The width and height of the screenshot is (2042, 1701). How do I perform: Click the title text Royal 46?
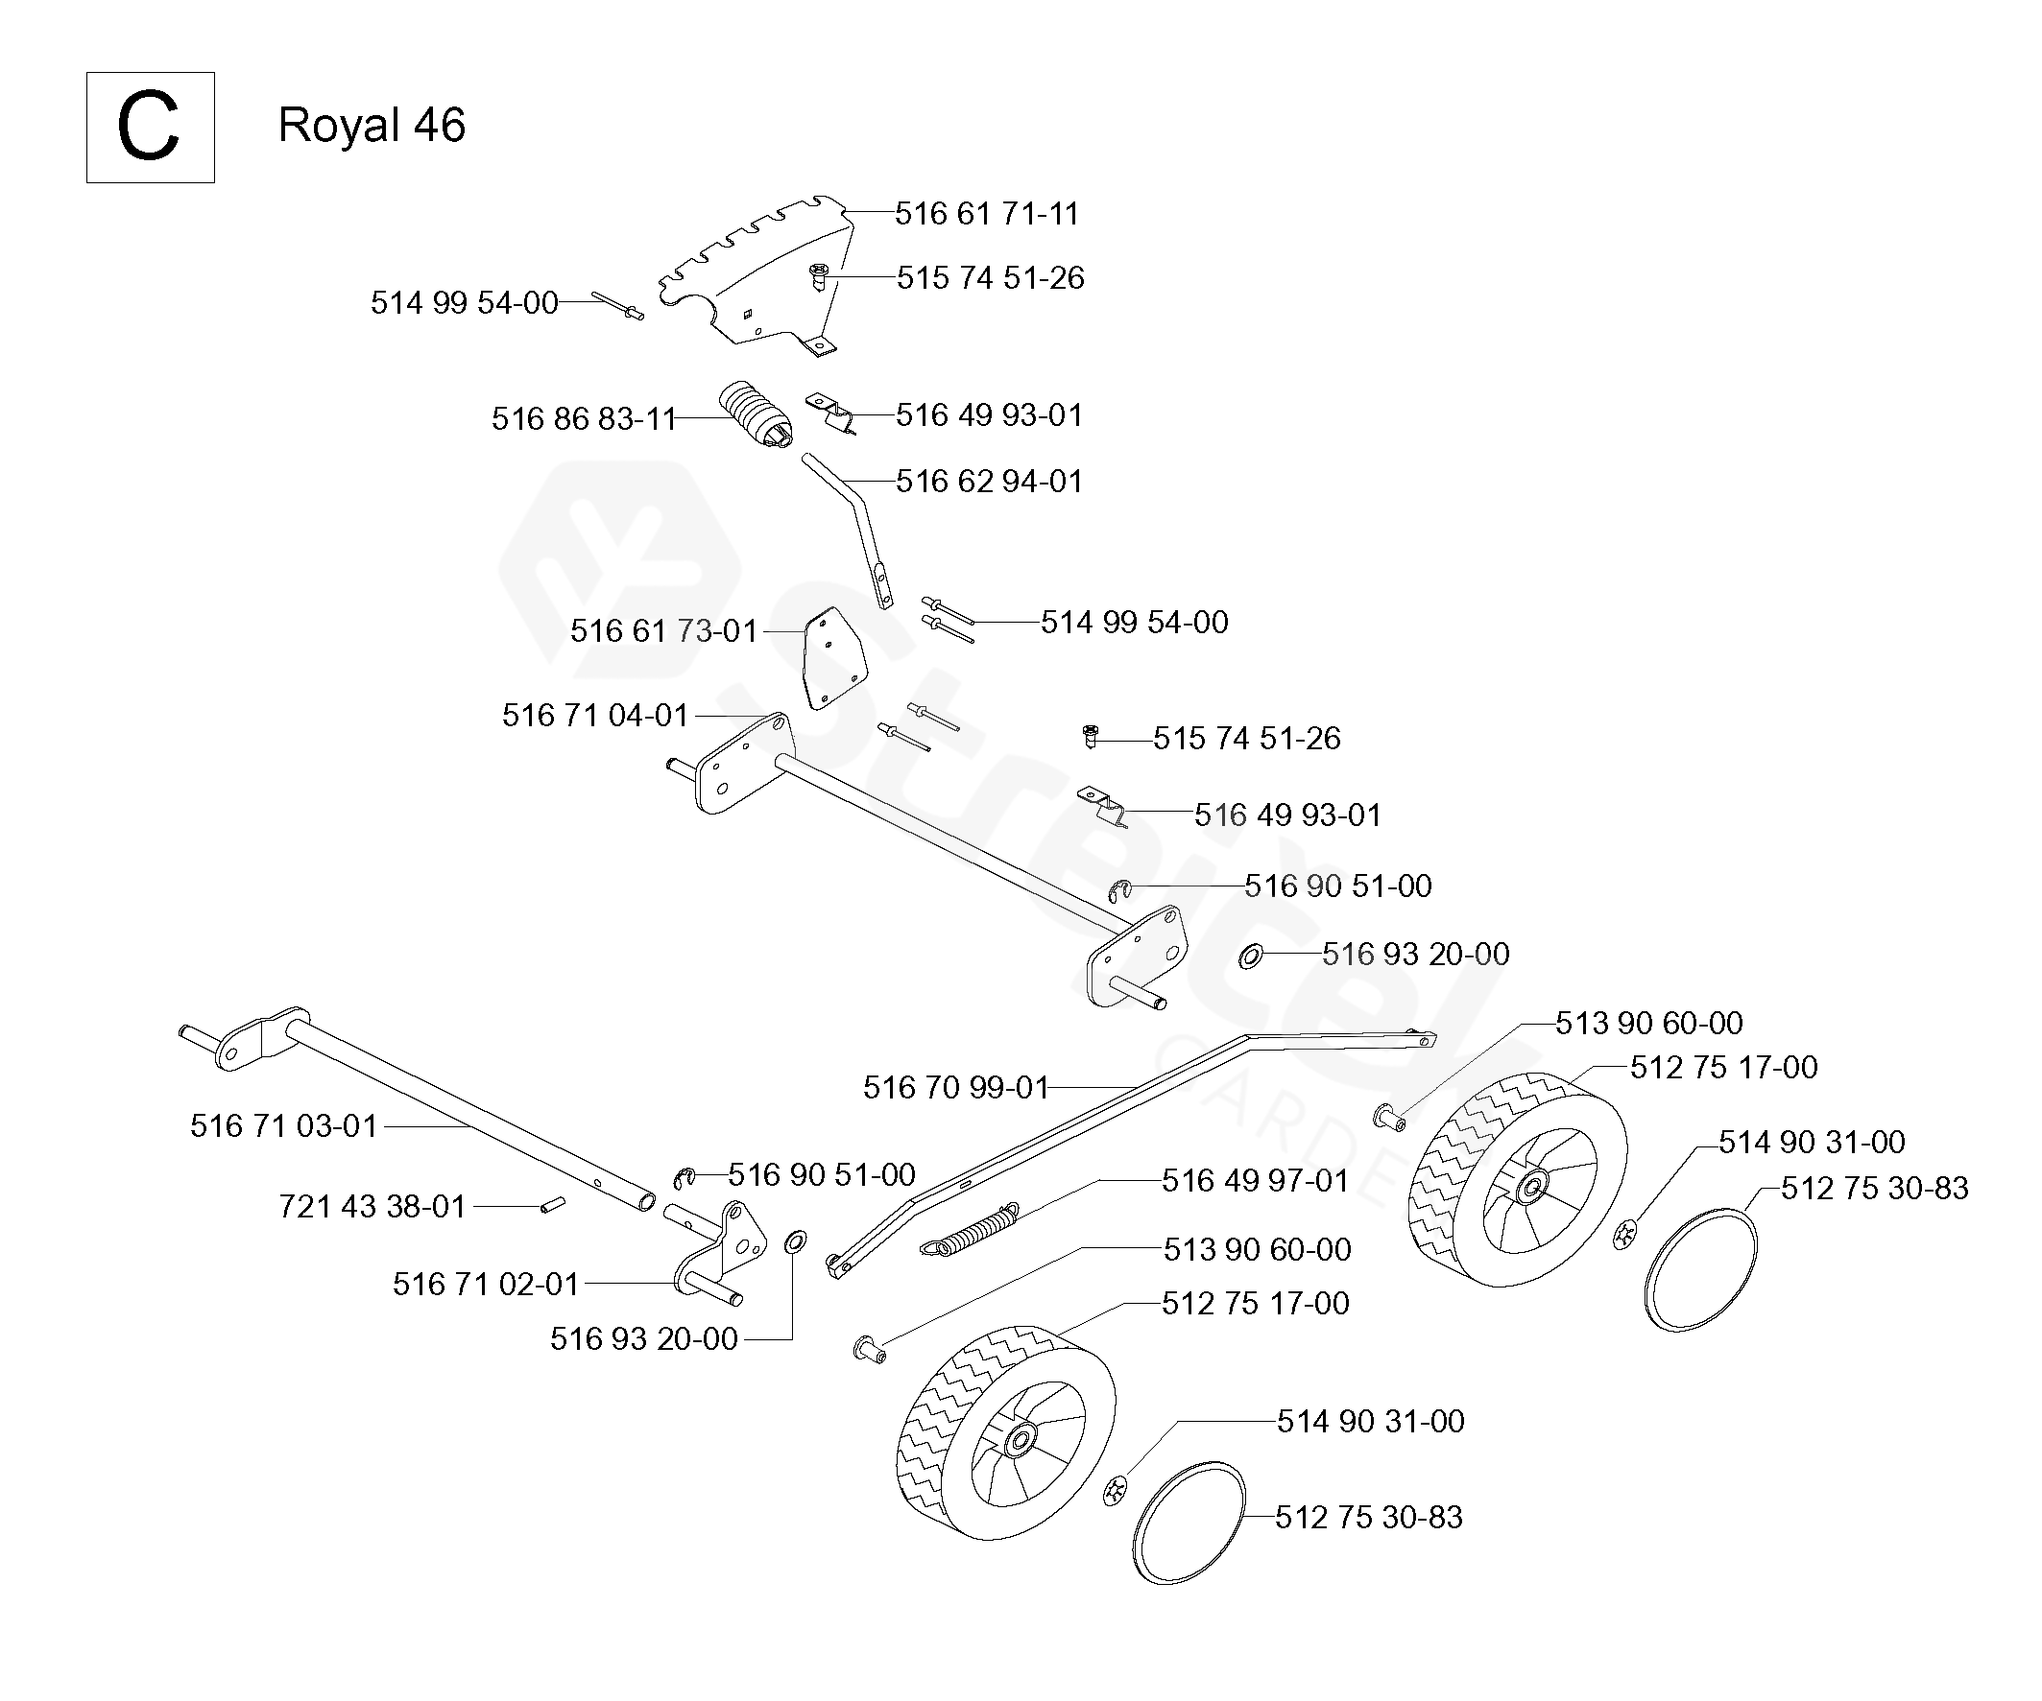[x=372, y=126]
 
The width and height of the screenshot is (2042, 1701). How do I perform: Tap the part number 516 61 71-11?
[x=987, y=213]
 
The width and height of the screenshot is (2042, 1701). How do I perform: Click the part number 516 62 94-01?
[x=989, y=482]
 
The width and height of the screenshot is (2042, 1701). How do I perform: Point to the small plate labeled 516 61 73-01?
[x=833, y=659]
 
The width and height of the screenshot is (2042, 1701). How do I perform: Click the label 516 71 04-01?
[x=595, y=716]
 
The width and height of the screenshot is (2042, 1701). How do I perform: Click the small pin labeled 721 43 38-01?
[x=553, y=1206]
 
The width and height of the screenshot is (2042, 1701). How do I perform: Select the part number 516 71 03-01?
[x=283, y=1125]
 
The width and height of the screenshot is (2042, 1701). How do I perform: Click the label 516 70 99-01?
[x=956, y=1087]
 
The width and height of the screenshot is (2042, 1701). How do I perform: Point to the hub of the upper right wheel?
[x=1533, y=1186]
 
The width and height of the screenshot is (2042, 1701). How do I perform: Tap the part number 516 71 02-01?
[x=485, y=1284]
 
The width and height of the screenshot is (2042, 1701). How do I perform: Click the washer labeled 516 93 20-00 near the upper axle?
[x=1251, y=957]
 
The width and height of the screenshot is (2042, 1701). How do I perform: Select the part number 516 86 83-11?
[x=584, y=419]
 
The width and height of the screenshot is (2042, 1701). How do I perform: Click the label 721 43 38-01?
[x=372, y=1206]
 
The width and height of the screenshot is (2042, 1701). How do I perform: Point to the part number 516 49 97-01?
[x=1256, y=1180]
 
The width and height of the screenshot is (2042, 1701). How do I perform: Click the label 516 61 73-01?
[x=663, y=631]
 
